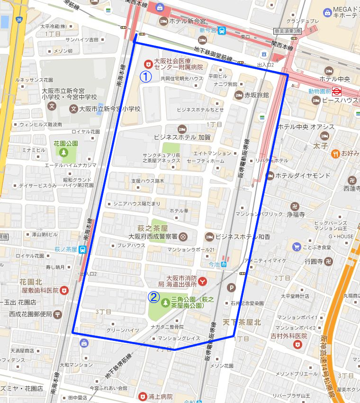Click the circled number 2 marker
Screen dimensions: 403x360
[153, 297]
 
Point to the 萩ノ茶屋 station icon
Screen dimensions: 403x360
[82, 249]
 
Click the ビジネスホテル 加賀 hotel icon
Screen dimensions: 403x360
[181, 129]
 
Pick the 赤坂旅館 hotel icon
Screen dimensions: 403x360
[239, 95]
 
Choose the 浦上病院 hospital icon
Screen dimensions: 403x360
[143, 396]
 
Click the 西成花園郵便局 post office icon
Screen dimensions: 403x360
[57, 313]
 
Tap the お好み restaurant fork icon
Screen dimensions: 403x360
[335, 153]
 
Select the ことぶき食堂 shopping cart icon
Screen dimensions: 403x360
[297, 247]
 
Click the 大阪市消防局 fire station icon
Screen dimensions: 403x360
[203, 281]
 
